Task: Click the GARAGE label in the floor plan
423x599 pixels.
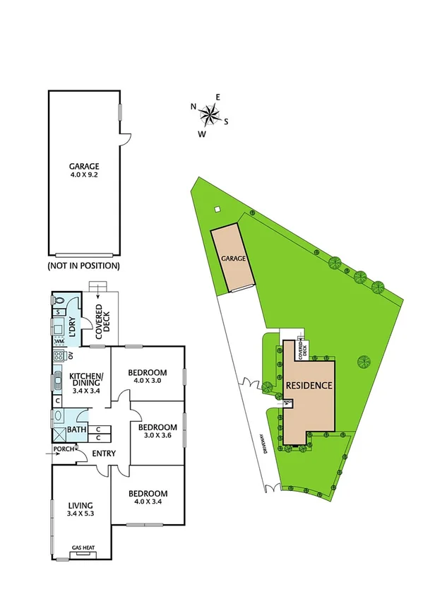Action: (x=83, y=167)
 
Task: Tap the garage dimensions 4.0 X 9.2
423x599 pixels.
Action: (x=83, y=177)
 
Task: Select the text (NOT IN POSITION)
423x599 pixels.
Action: (x=83, y=266)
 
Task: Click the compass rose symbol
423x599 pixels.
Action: (x=210, y=112)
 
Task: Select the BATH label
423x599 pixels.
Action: (x=76, y=430)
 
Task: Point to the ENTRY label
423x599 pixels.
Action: (x=104, y=454)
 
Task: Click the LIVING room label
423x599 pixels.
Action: (x=80, y=505)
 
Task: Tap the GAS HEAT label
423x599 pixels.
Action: (x=83, y=547)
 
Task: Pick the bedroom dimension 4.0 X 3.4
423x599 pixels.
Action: (x=148, y=502)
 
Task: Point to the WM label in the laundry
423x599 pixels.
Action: (x=59, y=342)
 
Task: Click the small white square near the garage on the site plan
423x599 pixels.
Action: (x=218, y=208)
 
